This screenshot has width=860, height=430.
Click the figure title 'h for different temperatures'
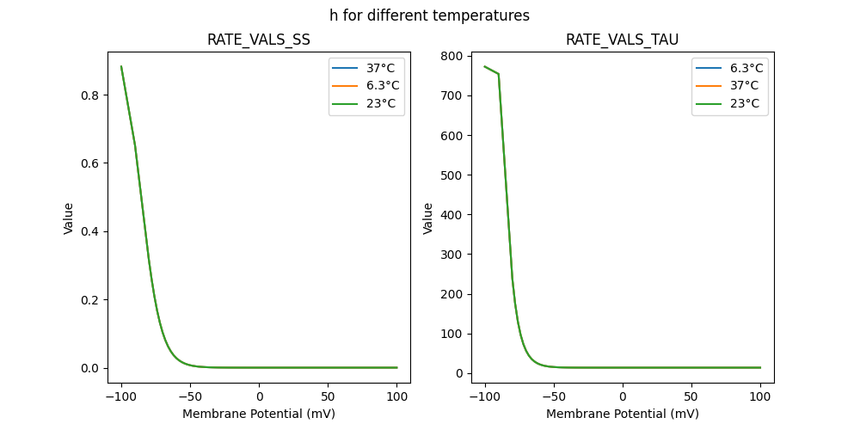pyautogui.click(x=429, y=15)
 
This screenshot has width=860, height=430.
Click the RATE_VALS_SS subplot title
pyautogui.click(x=259, y=40)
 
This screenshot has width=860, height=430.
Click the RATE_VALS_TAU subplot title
pyautogui.click(x=622, y=40)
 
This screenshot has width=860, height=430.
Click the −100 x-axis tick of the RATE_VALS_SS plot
pyautogui.click(x=121, y=396)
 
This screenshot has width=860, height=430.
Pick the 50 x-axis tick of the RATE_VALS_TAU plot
pyautogui.click(x=691, y=396)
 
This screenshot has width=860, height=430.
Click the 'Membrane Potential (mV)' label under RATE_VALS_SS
pyautogui.click(x=259, y=414)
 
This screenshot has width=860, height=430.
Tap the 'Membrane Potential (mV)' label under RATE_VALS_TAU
pyautogui.click(x=622, y=414)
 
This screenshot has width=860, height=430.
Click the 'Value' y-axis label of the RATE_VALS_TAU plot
pyautogui.click(x=427, y=218)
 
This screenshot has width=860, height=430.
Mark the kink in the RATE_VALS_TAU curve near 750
pyautogui.click(x=499, y=74)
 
